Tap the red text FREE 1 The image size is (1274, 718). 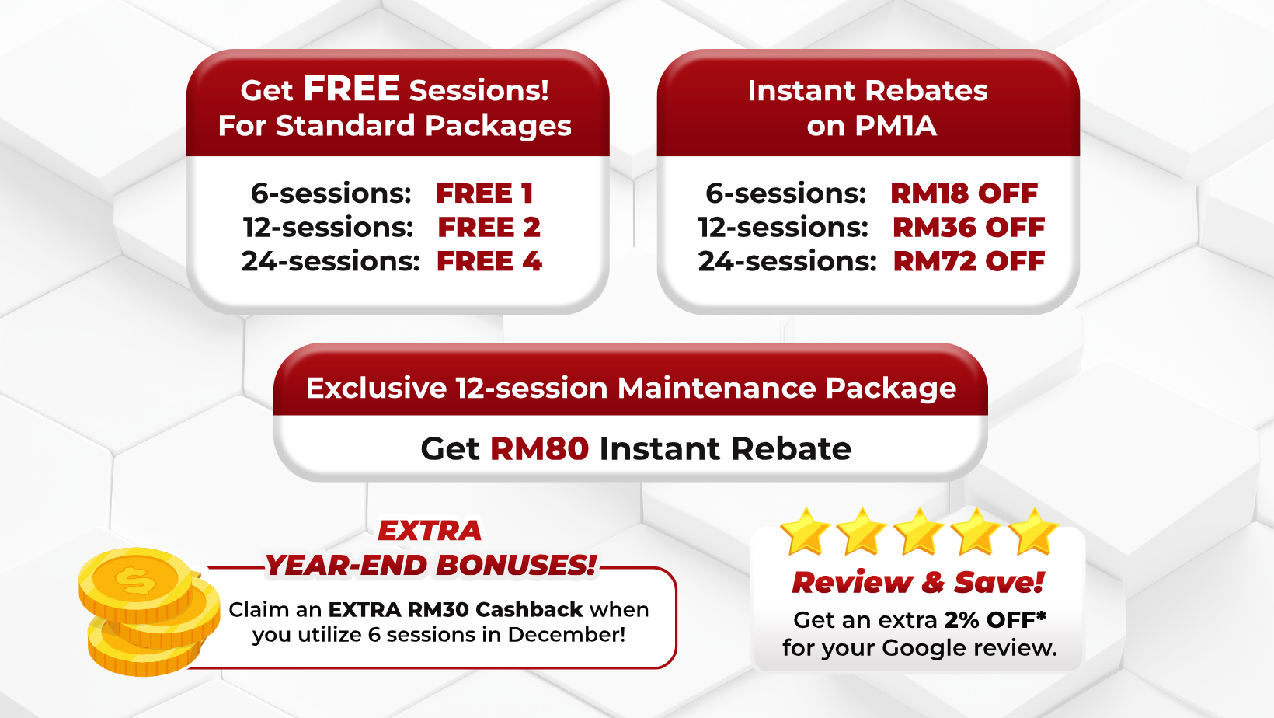pos(485,193)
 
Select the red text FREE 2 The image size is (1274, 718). pos(489,228)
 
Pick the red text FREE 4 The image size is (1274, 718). pos(489,261)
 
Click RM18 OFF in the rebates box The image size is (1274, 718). pos(964,193)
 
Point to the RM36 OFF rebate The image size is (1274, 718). pos(969,228)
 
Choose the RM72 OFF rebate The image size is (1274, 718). pos(969,261)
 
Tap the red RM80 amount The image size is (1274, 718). pos(539,448)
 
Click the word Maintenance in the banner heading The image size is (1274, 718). pos(718,388)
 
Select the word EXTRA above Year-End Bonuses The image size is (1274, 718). pos(430,530)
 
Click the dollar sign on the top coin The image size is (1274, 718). pos(135,580)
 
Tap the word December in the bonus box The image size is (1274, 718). pos(566,634)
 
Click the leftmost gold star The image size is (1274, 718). pos(806,532)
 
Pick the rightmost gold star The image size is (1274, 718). pos(1033,532)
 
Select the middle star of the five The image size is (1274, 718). pos(919,532)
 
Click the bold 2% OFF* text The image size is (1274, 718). pos(995,619)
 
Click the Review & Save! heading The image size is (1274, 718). pos(918,582)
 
